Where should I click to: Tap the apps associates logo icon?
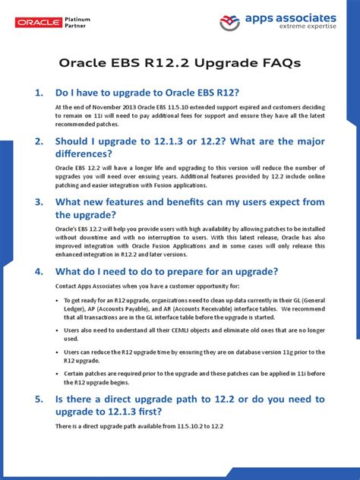232,22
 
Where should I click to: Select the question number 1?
39,93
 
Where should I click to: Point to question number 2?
39,142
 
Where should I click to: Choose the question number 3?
39,202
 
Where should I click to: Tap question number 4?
39,271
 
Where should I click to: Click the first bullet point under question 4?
66,301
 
